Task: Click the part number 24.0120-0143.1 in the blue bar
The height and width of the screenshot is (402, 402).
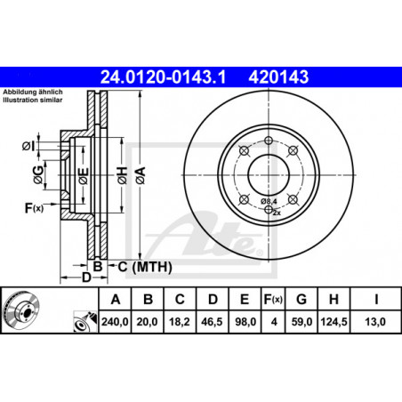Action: [163, 76]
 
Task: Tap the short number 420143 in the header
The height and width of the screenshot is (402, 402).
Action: [278, 76]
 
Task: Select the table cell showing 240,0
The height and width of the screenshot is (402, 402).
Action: [115, 322]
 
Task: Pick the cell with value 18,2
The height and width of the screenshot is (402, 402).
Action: [180, 322]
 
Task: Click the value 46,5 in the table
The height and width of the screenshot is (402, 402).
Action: [212, 322]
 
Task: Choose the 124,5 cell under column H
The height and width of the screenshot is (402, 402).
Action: [334, 322]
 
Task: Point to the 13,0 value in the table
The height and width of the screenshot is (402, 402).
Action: [375, 322]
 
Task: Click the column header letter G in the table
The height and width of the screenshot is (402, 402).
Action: [301, 300]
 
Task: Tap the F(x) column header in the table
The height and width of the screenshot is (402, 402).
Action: [273, 300]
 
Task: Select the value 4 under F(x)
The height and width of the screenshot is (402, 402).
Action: [274, 322]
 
